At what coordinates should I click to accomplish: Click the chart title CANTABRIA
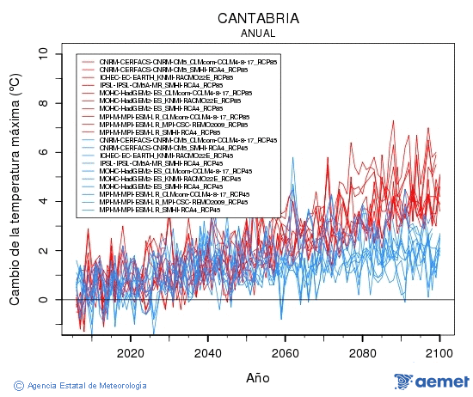pyautogui.click(x=258, y=18)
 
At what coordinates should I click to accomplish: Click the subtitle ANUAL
pyautogui.click(x=258, y=34)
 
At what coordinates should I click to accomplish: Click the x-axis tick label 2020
pyautogui.click(x=130, y=353)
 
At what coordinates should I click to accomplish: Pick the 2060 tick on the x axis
pyautogui.click(x=285, y=353)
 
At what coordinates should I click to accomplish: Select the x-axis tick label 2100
pyautogui.click(x=439, y=353)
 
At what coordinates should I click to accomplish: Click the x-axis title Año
pyautogui.click(x=258, y=377)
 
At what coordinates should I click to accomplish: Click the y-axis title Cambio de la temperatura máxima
pyautogui.click(x=15, y=189)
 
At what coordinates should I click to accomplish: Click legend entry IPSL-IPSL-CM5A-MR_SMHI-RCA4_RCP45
pyautogui.click(x=163, y=163)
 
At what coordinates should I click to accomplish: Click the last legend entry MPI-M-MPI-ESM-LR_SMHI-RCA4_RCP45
pyautogui.click(x=159, y=210)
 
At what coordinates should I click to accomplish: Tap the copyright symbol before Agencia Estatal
pyautogui.click(x=19, y=385)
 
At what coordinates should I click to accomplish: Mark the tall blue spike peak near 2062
pyautogui.click(x=292, y=158)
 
